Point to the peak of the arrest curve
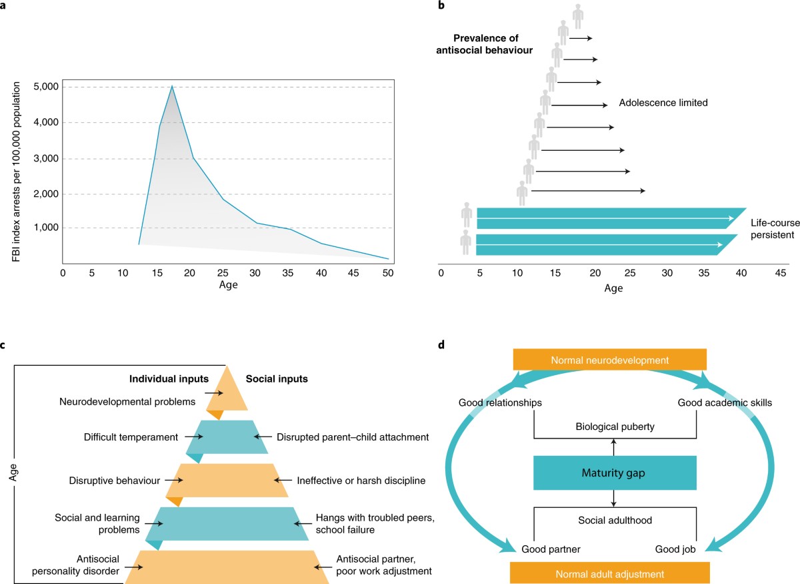point(172,86)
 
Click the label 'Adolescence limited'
point(663,103)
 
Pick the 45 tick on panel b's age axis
point(779,273)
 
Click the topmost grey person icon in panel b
point(578,15)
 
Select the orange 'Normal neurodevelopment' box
point(609,360)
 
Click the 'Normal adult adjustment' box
point(609,573)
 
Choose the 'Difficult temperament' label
point(131,438)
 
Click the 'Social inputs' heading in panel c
point(277,379)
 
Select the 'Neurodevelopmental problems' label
point(127,402)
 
